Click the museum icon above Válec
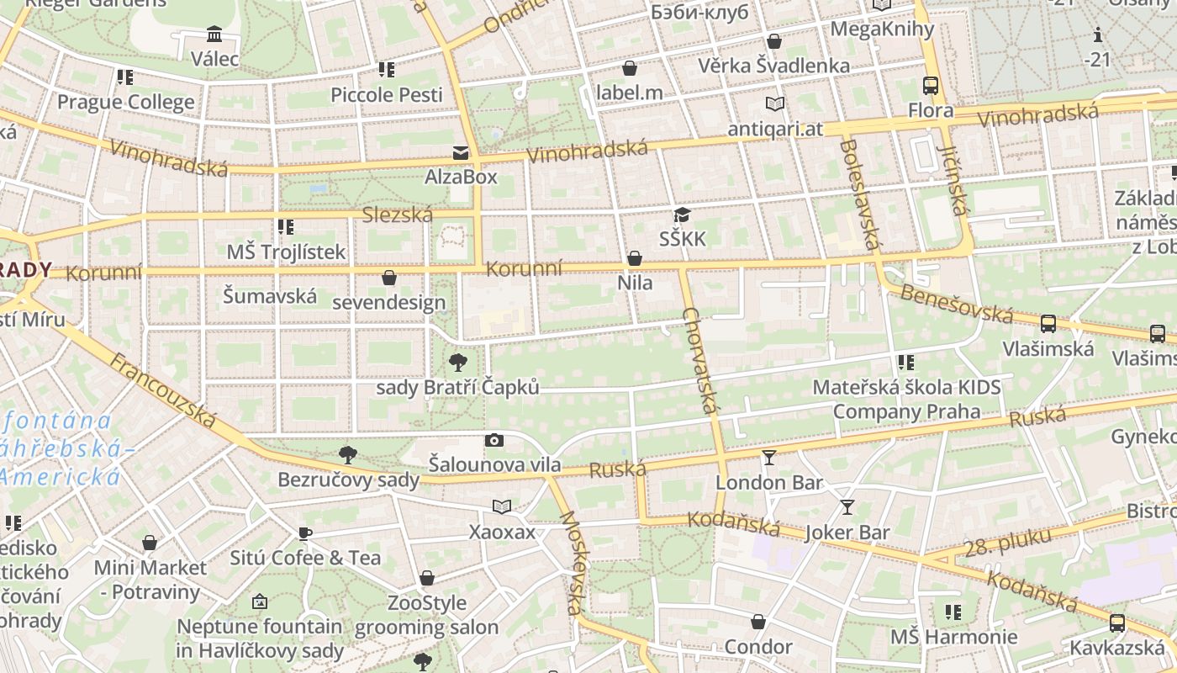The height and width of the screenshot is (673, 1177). (x=214, y=34)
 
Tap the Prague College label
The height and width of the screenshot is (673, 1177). (x=125, y=103)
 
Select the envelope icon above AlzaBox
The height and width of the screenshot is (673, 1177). (x=461, y=152)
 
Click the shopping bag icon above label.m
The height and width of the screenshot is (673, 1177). (x=630, y=68)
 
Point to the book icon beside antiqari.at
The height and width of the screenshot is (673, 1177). (x=774, y=104)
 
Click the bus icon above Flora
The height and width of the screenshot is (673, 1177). (x=931, y=86)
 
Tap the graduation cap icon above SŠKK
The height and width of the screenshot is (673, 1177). (x=682, y=215)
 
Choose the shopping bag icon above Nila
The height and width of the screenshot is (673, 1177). (x=635, y=258)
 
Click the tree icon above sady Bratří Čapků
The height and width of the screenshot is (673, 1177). (x=458, y=363)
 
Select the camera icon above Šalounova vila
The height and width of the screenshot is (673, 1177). (x=495, y=440)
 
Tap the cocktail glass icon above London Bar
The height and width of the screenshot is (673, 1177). (x=769, y=458)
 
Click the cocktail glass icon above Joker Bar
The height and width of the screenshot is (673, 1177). (x=847, y=507)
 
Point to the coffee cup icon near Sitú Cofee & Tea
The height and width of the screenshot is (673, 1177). (x=305, y=533)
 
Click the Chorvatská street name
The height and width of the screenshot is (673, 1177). (x=700, y=360)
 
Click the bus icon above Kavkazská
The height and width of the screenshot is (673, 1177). (x=1117, y=623)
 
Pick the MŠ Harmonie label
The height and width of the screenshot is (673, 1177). (x=953, y=637)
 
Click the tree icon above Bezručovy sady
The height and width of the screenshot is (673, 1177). (x=348, y=456)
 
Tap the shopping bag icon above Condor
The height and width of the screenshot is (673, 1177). (x=758, y=623)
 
